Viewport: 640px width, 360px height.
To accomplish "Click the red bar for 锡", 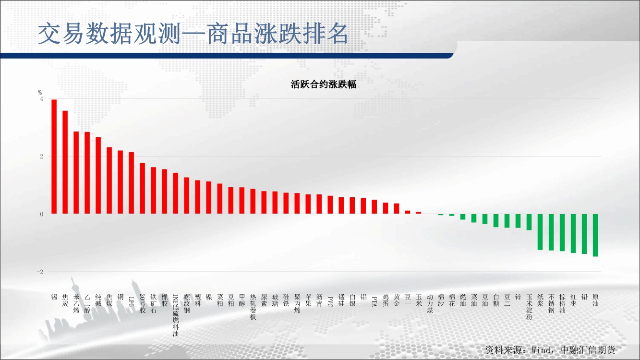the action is tap(54, 156).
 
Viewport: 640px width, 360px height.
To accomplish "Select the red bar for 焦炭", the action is tap(65, 162).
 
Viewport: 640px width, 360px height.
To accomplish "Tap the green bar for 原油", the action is tap(595, 235).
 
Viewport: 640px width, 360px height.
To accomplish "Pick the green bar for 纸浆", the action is tap(540, 232).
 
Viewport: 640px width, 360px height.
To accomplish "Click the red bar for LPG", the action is tap(132, 183).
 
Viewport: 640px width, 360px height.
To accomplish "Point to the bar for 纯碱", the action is tap(98, 176).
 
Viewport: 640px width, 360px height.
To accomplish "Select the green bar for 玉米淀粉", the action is tap(529, 222).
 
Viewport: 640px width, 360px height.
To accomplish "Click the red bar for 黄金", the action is tap(397, 209).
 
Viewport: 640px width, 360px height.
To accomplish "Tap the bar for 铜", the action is tap(121, 182).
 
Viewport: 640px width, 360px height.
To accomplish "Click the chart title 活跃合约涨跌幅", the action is tap(324, 84).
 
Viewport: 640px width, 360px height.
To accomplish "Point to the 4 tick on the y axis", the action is tap(42, 99).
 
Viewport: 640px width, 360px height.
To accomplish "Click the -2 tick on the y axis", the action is tap(40, 272).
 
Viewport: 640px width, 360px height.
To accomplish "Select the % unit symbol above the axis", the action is tap(40, 93).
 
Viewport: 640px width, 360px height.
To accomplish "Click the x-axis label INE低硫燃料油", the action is tap(175, 315).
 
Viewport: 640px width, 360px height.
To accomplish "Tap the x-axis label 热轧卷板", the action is tap(253, 307).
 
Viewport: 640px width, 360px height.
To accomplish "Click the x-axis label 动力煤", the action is tap(430, 304).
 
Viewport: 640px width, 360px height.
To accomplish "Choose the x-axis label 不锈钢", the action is tap(552, 304).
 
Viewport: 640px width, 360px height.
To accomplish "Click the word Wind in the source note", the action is tap(541, 350).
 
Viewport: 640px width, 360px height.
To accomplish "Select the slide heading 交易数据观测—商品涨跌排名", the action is tap(193, 34).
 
